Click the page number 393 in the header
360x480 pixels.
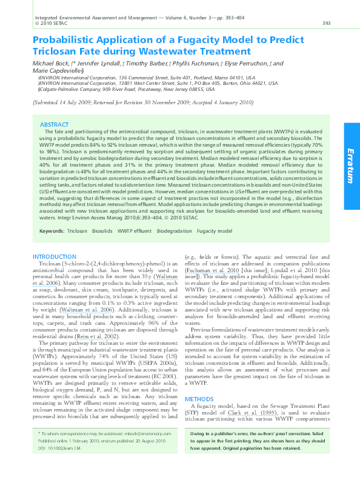point(326,24)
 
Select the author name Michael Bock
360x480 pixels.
point(51,63)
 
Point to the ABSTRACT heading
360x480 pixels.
point(54,124)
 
